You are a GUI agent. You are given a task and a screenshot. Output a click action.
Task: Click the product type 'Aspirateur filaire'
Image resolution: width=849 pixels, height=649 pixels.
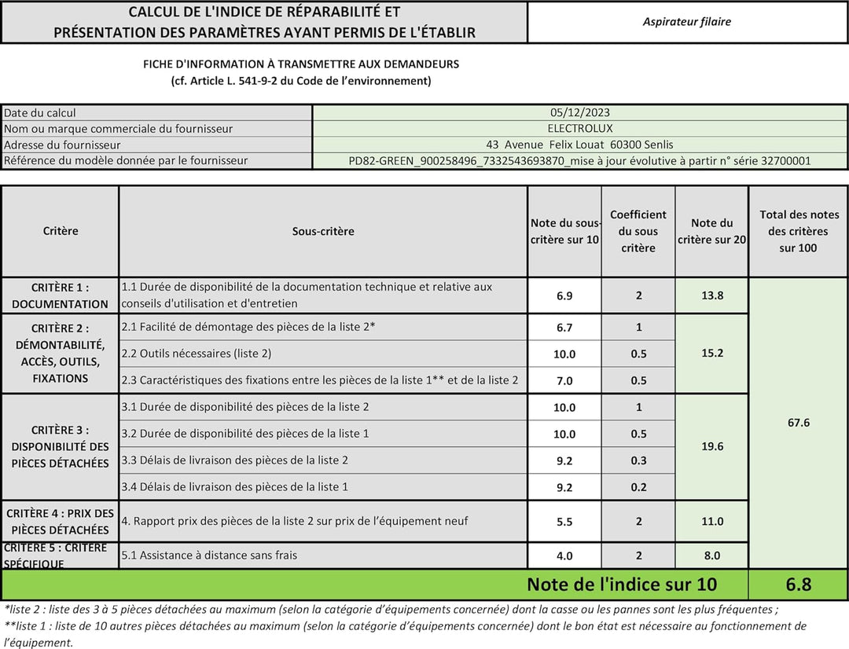pyautogui.click(x=686, y=22)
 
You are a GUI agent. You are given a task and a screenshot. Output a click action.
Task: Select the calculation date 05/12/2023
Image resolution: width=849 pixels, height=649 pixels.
pyautogui.click(x=580, y=112)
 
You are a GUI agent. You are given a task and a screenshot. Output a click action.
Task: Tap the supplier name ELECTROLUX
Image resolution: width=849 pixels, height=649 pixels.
pyautogui.click(x=580, y=128)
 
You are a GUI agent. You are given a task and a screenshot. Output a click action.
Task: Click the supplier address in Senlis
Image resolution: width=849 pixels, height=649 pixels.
pyautogui.click(x=580, y=145)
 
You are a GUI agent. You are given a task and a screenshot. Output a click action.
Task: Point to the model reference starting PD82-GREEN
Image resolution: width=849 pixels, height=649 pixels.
pyautogui.click(x=580, y=161)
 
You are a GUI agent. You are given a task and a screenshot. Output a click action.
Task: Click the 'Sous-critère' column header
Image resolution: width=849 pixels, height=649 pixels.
pyautogui.click(x=323, y=231)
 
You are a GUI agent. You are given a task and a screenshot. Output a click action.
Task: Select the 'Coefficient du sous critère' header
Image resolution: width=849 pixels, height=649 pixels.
pyautogui.click(x=638, y=231)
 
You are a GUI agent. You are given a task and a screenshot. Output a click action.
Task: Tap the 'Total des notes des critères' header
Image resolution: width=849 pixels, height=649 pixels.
pyautogui.click(x=798, y=231)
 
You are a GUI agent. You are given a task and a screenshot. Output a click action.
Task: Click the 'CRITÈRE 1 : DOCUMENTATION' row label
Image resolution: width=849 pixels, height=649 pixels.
pyautogui.click(x=60, y=295)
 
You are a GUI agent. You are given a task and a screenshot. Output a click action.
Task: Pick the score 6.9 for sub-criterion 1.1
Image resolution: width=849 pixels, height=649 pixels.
pyautogui.click(x=564, y=296)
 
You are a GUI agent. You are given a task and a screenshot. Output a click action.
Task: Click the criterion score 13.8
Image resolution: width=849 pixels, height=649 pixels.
pyautogui.click(x=711, y=295)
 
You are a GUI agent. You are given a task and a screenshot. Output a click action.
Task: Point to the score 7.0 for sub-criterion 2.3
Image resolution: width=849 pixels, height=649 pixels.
pyautogui.click(x=564, y=381)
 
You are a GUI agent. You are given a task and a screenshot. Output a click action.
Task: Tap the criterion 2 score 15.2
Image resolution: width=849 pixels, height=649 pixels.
pyautogui.click(x=711, y=354)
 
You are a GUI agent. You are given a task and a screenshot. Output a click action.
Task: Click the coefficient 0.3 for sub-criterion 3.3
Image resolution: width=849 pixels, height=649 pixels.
pyautogui.click(x=638, y=460)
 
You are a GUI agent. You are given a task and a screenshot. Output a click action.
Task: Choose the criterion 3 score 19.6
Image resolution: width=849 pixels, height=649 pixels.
pyautogui.click(x=711, y=446)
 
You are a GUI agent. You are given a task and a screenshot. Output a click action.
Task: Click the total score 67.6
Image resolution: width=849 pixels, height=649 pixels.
pyautogui.click(x=798, y=423)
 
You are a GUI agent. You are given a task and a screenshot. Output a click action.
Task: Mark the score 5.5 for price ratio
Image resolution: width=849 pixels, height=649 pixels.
pyautogui.click(x=564, y=522)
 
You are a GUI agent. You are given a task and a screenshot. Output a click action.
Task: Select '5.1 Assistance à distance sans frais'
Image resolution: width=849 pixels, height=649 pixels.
pyautogui.click(x=209, y=555)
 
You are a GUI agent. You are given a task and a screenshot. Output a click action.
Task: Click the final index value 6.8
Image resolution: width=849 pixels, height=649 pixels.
pyautogui.click(x=798, y=585)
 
